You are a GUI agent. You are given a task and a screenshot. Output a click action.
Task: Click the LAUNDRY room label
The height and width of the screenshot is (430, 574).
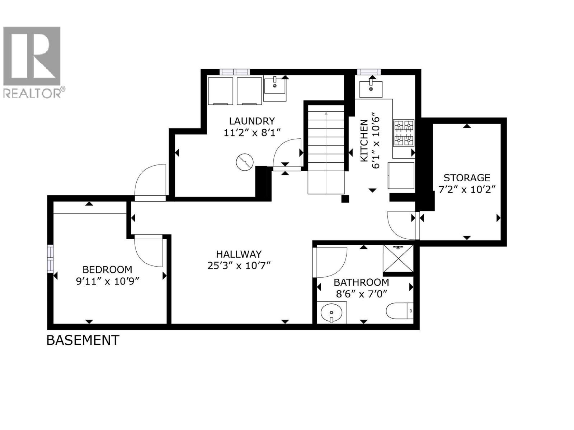tap(252, 121)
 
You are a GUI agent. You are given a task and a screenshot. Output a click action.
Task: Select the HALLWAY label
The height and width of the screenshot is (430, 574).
tap(239, 254)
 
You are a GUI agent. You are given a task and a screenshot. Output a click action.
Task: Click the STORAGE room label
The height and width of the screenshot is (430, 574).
tap(467, 178)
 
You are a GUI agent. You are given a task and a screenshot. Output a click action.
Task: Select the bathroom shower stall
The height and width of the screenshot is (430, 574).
tap(398, 259)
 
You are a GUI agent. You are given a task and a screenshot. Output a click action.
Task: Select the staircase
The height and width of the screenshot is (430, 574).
tap(326, 150)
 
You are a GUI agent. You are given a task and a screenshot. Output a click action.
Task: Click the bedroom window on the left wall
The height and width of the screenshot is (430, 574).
tap(50, 258)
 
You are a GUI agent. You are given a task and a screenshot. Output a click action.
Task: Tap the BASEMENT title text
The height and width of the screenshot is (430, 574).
tap(83, 340)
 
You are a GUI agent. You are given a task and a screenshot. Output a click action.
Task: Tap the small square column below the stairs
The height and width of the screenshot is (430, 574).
tap(345, 199)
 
